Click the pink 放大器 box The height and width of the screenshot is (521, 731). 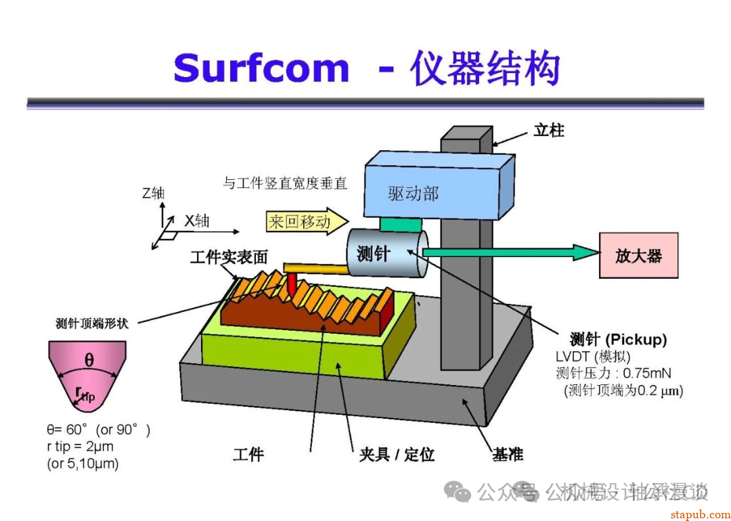[638, 255]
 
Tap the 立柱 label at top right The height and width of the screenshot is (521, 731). [548, 131]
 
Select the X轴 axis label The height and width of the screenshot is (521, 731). [197, 221]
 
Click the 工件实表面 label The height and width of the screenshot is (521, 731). [229, 257]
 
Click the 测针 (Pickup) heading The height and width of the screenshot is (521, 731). [618, 339]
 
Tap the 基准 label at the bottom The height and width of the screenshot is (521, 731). [508, 454]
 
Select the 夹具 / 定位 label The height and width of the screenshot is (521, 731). [397, 455]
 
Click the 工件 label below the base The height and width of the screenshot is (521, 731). [248, 455]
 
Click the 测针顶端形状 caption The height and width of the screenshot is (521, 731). [91, 323]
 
